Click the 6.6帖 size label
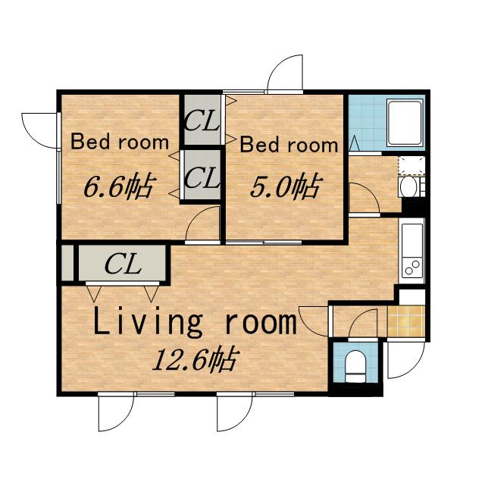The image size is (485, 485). coord(118,186)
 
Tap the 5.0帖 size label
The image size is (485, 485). coord(285,186)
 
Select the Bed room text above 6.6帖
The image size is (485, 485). coord(120,142)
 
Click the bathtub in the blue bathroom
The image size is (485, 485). coord(405,123)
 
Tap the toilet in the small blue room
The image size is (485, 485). coord(355,366)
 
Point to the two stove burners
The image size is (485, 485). coord(412,268)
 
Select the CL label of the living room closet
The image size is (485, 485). coord(123,264)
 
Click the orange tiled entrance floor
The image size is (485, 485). coord(406,321)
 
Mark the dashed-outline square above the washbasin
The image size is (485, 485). coord(411,166)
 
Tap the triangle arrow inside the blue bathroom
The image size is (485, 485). coord(354,143)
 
